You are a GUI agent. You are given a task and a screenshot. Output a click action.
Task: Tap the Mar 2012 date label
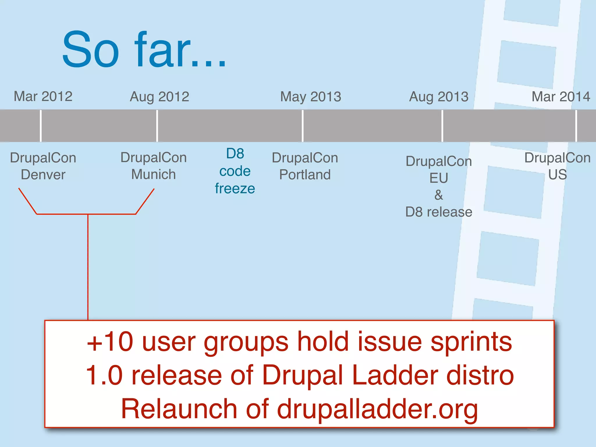click(43, 96)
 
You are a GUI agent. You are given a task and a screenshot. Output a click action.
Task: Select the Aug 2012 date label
click(159, 97)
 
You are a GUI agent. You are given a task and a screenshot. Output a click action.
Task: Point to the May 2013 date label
click(311, 97)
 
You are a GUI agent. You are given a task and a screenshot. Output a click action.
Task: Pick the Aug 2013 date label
click(439, 97)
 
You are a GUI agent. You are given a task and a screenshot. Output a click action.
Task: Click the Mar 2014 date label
click(561, 97)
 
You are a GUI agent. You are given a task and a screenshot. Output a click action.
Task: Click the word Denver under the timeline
click(43, 175)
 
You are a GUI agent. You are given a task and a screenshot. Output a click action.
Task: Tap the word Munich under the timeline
click(153, 175)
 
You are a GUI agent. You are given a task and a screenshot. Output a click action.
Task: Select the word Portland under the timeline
click(305, 175)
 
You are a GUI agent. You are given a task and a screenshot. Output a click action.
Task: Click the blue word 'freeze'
click(235, 189)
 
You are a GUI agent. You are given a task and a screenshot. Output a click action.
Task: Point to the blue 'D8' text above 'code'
click(235, 154)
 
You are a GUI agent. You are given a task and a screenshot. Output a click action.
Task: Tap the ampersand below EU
click(439, 195)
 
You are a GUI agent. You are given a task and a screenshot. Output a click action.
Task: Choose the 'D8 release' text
click(439, 212)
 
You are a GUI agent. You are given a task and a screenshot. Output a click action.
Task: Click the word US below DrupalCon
click(557, 175)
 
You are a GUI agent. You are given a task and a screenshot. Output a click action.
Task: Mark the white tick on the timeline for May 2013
click(303, 126)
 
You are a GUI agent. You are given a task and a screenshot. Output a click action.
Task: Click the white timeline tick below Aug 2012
click(157, 126)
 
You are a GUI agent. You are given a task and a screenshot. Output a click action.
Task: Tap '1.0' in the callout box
click(104, 375)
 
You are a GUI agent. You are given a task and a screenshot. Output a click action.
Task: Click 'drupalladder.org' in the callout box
click(377, 409)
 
